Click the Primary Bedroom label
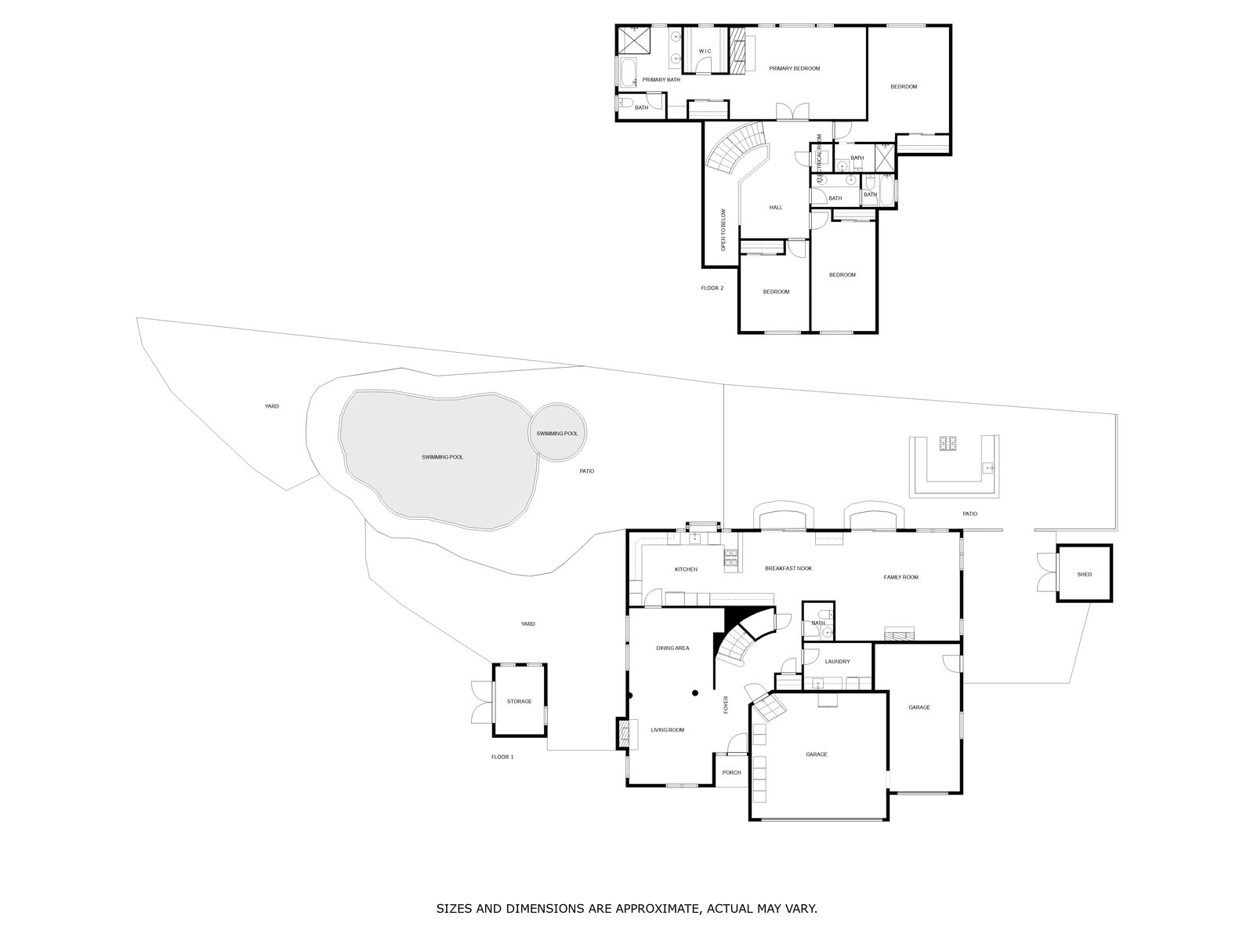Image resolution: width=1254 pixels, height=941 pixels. [794, 69]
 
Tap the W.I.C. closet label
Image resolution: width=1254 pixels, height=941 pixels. [705, 52]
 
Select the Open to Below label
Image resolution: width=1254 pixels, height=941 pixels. [724, 230]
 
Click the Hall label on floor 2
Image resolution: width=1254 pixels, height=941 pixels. [775, 208]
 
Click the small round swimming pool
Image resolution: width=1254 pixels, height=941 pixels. [557, 434]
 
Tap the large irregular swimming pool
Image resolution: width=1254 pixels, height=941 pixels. [442, 457]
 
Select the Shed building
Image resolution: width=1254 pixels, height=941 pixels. [1084, 574]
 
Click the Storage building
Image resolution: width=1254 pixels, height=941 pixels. [519, 701]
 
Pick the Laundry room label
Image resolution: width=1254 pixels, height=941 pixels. [837, 662]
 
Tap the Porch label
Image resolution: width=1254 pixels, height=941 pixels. [731, 773]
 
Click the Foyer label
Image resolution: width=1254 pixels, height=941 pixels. [726, 704]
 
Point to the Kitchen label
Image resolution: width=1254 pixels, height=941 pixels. [686, 569]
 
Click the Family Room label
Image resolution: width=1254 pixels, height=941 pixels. [901, 577]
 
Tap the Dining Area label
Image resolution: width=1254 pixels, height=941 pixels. [672, 649]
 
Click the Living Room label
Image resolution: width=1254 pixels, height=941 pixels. [667, 730]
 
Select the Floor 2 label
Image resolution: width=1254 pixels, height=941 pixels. [712, 289]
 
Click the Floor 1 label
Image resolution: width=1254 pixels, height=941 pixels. [502, 758]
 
